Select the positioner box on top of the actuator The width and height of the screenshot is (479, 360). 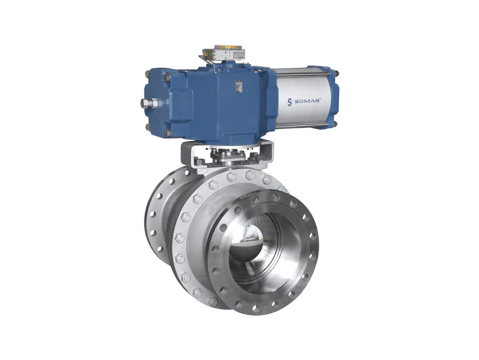point(225,54)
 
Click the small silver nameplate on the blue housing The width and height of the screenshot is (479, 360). point(239,87)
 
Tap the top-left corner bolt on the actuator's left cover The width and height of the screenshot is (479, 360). point(149,74)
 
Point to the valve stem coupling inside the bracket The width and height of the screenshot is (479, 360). point(226,155)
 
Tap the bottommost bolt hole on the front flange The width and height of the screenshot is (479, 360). point(255,308)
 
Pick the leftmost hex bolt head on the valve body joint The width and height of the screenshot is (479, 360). point(180,238)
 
